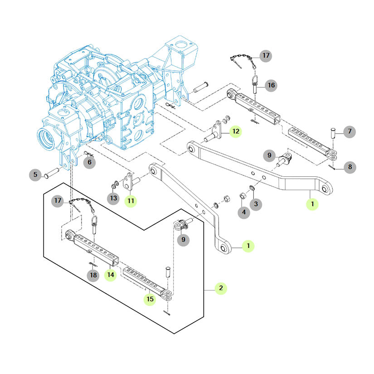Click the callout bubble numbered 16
click(271, 85)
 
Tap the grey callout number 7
click(350, 132)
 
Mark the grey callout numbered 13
click(113, 198)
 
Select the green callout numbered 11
click(131, 200)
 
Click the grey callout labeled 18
click(93, 275)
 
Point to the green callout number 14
click(111, 275)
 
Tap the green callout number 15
click(150, 299)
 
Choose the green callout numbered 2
click(221, 288)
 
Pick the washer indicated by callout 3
click(252, 188)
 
